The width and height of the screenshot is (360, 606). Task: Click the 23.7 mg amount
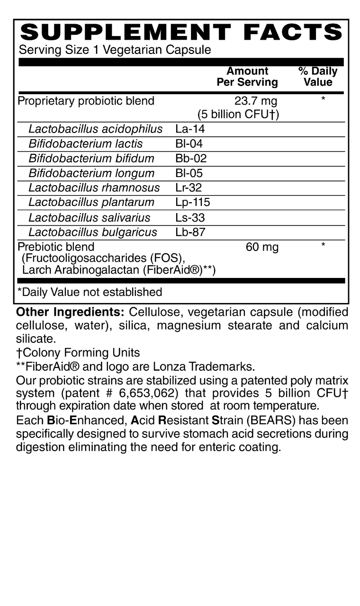coord(256,101)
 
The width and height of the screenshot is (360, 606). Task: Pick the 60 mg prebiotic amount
coord(262,247)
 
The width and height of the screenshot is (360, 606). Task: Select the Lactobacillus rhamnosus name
coord(94,188)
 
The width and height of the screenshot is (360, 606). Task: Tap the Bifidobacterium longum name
coord(91,173)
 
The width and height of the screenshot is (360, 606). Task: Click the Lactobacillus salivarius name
coord(90,217)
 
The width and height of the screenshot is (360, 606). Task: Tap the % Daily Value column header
coord(318,77)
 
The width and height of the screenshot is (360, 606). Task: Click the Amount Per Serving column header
coord(247,77)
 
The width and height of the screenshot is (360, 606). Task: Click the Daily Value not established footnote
coord(90,292)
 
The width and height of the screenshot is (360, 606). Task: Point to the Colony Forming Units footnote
coord(78,353)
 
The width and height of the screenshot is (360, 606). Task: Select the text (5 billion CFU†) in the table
coord(238,114)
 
